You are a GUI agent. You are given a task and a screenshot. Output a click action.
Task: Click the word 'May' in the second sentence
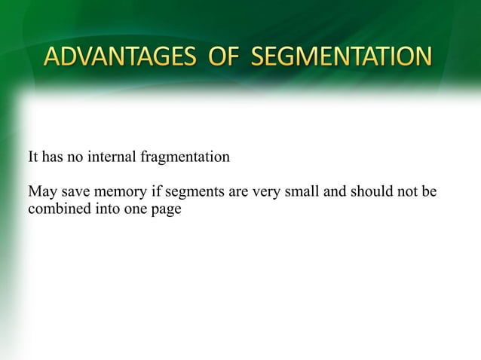[41, 193]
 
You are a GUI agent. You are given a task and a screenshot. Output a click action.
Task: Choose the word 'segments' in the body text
[189, 193]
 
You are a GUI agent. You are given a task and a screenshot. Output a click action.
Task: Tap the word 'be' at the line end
[430, 193]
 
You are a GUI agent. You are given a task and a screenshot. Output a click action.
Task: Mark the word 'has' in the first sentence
[53, 158]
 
